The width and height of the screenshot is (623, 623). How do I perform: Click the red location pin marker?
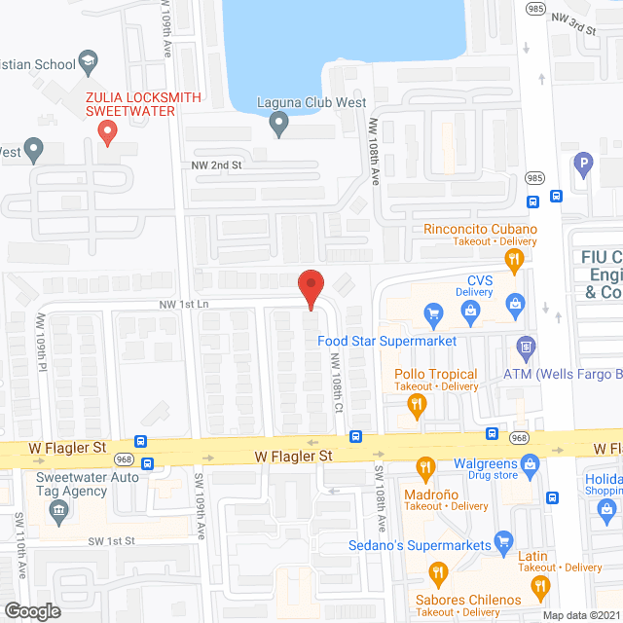pyautogui.click(x=310, y=289)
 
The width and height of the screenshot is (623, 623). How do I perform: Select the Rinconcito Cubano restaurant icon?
pyautogui.click(x=515, y=258)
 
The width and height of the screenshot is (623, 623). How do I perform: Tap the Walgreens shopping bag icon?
pyautogui.click(x=531, y=465)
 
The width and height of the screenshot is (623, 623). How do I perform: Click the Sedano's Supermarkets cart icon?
pyautogui.click(x=503, y=539)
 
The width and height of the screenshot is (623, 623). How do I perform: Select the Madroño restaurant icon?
pyautogui.click(x=424, y=468)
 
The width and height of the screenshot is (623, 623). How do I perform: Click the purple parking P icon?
pyautogui.click(x=583, y=165)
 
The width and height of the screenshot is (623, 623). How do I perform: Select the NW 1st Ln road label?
pyautogui.click(x=186, y=305)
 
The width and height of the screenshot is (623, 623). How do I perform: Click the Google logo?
pyautogui.click(x=32, y=610)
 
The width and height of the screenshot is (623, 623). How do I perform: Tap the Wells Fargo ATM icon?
pyautogui.click(x=526, y=346)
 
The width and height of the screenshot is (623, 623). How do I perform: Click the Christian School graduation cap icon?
pyautogui.click(x=90, y=63)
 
